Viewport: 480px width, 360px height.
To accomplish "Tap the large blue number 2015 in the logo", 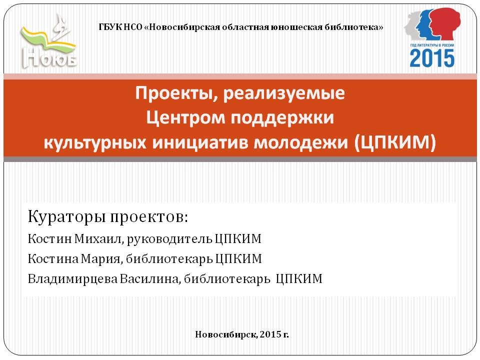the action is coord(432,58).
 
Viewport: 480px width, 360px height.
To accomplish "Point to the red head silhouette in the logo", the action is coord(444,24).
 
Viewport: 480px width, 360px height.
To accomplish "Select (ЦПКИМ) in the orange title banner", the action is coord(395,142).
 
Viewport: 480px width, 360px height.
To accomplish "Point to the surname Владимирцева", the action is coord(72,279).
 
